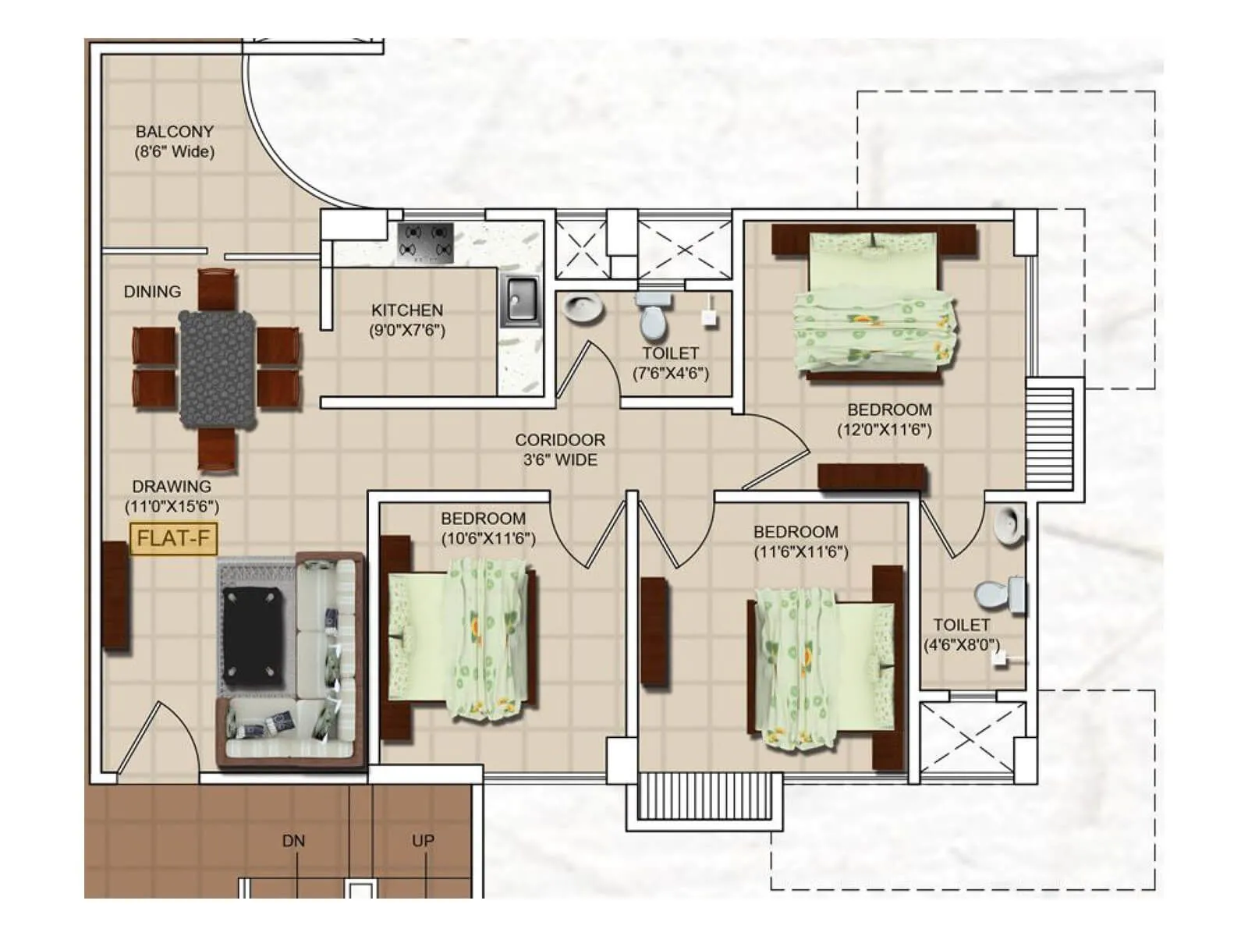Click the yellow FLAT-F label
tap(173, 538)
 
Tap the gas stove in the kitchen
tap(426, 242)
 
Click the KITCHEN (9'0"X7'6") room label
tap(407, 320)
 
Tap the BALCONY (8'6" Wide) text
tap(174, 141)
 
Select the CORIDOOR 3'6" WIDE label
tap(560, 449)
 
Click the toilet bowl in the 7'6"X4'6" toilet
tap(653, 316)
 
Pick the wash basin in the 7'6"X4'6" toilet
tap(582, 309)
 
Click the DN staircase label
tap(293, 841)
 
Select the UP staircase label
tap(423, 841)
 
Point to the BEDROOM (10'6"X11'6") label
tap(484, 528)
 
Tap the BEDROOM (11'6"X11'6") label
tap(796, 541)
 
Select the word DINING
tap(152, 292)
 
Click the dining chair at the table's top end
tap(217, 289)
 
